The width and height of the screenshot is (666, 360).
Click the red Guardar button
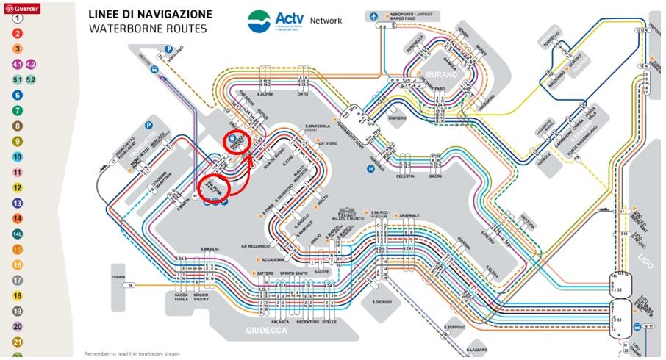point(22,7)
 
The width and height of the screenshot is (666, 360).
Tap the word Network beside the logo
point(326,21)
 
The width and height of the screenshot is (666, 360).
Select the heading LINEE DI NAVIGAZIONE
point(150,15)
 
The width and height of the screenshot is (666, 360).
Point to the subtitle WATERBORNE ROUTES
point(147,29)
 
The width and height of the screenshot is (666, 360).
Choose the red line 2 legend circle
point(17,33)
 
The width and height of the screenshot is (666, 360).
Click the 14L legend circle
point(17,234)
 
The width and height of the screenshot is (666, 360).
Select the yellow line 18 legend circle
point(17,295)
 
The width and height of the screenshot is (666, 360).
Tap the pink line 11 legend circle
point(17,172)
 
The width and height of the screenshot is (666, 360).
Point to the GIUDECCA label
point(266,331)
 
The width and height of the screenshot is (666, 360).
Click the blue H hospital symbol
point(371,168)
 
